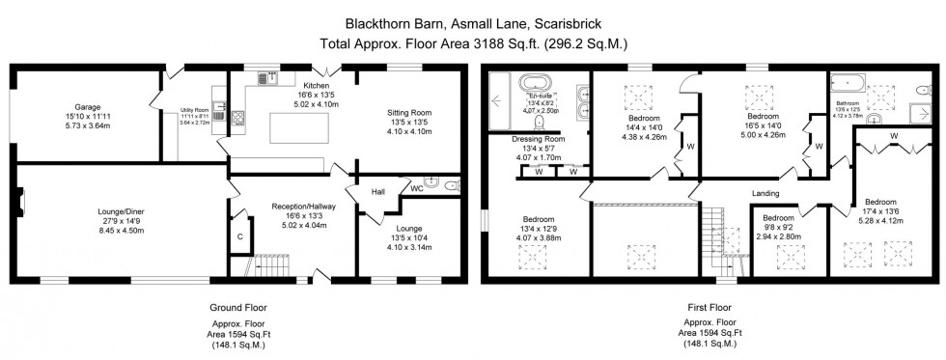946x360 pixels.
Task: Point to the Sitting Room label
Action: (x=408, y=112)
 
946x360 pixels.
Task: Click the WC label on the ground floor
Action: (x=416, y=187)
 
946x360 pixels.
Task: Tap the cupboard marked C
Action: (x=238, y=235)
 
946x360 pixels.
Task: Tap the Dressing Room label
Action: (x=538, y=139)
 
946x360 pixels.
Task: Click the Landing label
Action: (x=765, y=193)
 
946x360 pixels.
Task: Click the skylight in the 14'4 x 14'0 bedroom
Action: (x=639, y=97)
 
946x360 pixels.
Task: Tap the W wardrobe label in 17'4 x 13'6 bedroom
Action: (x=893, y=136)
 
